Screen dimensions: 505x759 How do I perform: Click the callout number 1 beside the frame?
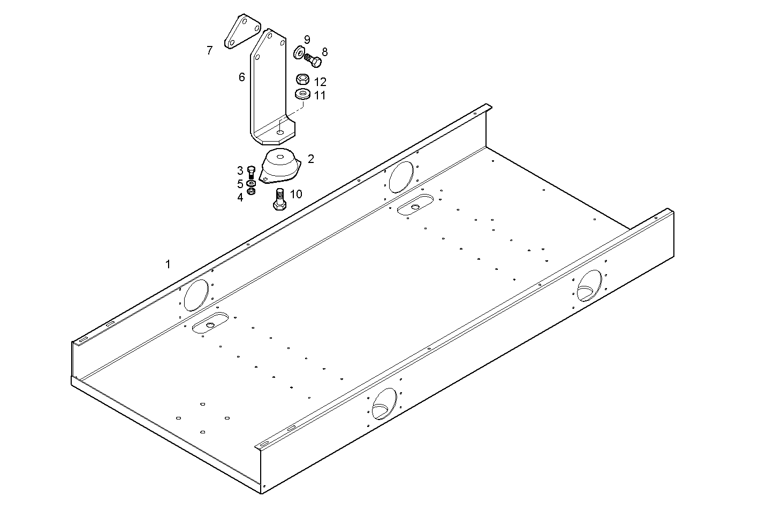(168, 264)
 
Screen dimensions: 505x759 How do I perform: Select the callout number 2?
(311, 159)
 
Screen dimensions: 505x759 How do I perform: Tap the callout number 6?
(242, 77)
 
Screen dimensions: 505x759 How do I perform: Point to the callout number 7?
(210, 51)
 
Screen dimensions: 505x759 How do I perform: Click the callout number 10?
(296, 193)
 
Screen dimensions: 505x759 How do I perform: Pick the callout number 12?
(320, 82)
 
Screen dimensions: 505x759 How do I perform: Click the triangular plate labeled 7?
(241, 32)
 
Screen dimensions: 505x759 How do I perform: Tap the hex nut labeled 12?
(302, 80)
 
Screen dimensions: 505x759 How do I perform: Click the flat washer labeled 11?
(303, 95)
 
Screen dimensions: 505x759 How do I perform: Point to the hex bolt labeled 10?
(279, 199)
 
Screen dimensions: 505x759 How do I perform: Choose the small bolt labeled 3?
(252, 172)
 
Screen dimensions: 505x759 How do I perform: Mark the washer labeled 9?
(299, 52)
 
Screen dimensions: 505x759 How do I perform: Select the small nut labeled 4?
(251, 191)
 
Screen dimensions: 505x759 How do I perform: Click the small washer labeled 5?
(251, 183)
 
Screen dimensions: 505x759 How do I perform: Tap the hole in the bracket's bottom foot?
(280, 131)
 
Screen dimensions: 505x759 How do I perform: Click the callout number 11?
(320, 96)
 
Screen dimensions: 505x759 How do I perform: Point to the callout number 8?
(324, 52)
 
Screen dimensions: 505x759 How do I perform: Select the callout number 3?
(240, 170)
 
